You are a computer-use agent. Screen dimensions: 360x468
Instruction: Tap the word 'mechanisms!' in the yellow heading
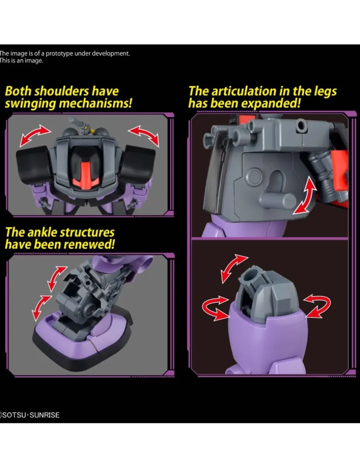95,103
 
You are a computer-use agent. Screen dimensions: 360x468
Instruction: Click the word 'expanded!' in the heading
270,103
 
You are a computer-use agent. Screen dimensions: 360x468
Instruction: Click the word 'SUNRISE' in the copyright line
45,415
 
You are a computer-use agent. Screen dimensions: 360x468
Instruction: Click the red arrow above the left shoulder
35,135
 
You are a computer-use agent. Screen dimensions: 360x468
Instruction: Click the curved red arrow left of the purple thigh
214,308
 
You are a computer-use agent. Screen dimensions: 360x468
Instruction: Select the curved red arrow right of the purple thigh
317,305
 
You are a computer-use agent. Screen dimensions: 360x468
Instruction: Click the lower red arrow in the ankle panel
41,307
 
